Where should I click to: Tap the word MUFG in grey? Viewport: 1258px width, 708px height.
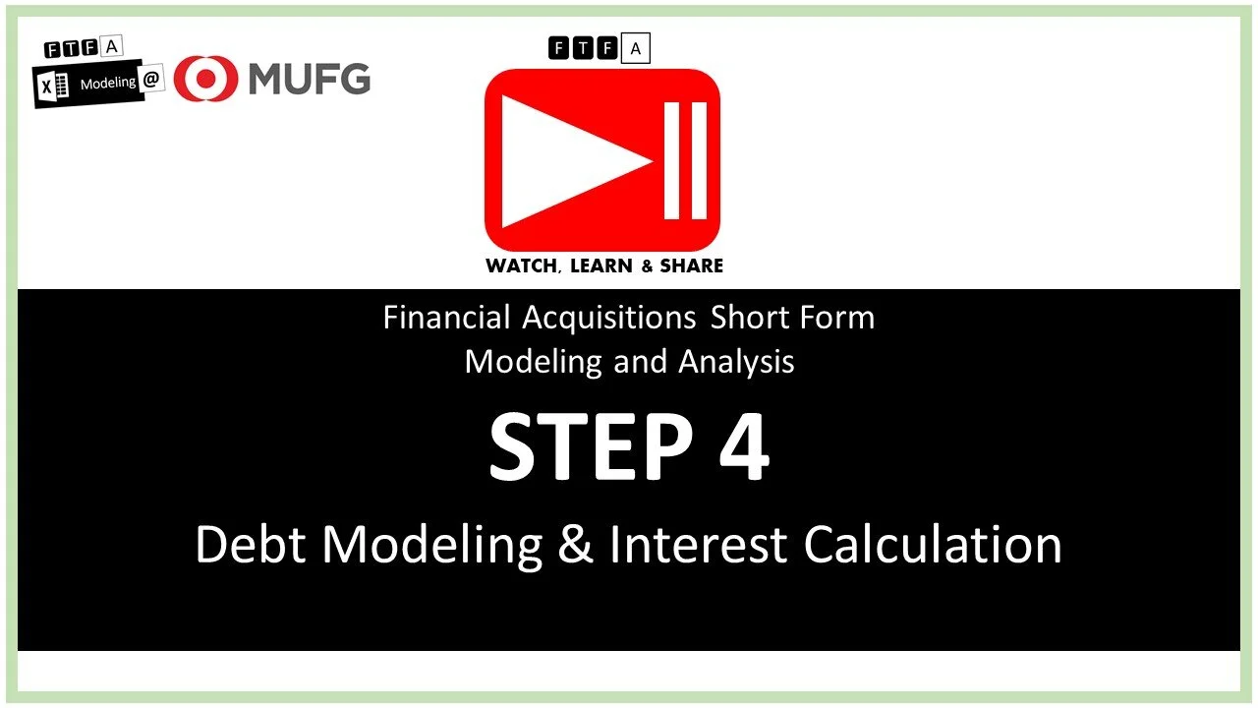pos(309,78)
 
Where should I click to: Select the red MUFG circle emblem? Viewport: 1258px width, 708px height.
pos(205,79)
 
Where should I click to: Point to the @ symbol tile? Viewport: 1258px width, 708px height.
pos(152,82)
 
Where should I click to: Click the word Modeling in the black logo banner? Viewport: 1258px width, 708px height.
pos(108,84)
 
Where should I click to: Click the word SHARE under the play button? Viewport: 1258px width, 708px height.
pos(690,265)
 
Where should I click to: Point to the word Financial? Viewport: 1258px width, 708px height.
pos(447,318)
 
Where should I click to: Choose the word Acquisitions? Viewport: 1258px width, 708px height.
pos(609,318)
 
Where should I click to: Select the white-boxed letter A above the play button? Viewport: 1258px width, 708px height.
pos(636,47)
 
